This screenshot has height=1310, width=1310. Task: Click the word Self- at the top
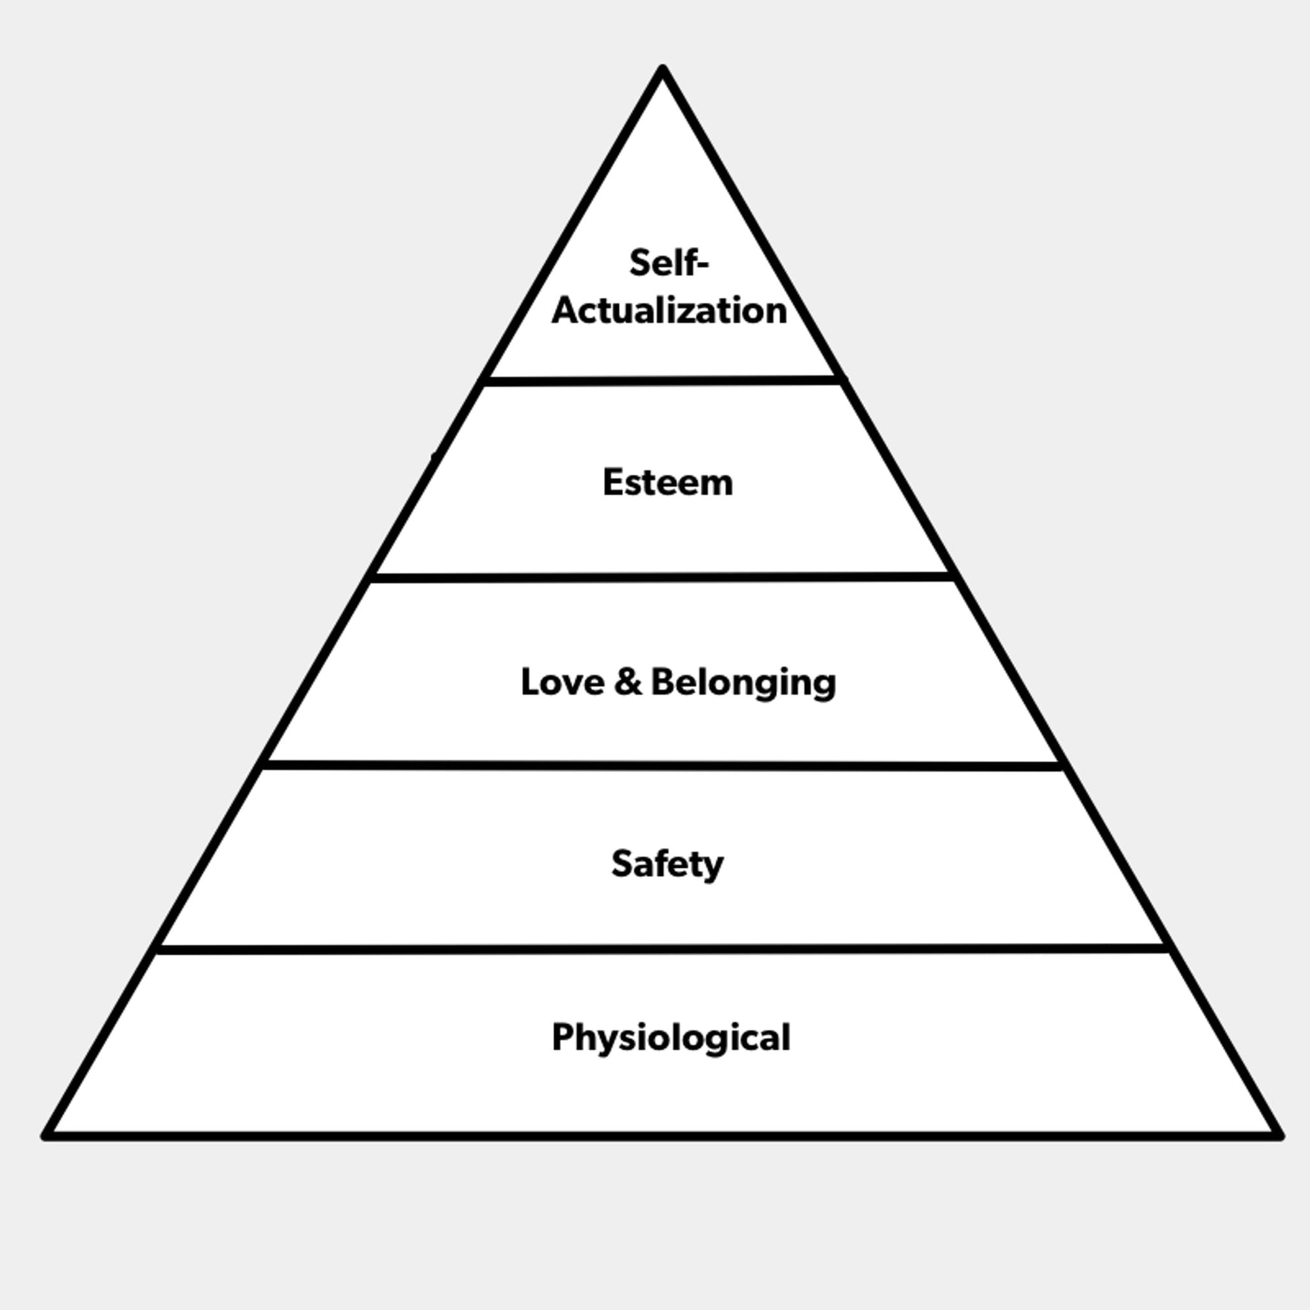point(668,263)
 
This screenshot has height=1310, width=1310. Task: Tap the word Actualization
point(669,310)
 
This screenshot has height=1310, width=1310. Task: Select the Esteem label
point(668,483)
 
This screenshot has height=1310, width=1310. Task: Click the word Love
point(562,681)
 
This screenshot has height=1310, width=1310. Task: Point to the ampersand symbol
point(627,681)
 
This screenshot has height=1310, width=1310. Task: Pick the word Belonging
point(743,683)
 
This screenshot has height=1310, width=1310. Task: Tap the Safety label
point(667,864)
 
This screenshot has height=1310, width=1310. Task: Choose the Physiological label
point(671,1038)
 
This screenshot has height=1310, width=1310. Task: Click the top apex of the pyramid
point(662,69)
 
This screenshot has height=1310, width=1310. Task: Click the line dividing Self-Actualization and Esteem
point(662,382)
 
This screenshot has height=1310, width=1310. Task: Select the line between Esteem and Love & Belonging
point(662,578)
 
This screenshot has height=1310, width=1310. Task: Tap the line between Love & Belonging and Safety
point(662,766)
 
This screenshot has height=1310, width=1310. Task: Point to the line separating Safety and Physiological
point(662,949)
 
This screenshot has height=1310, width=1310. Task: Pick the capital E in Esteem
point(612,482)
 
